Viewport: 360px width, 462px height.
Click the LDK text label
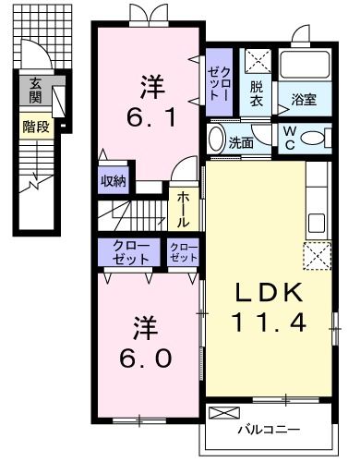click(268, 295)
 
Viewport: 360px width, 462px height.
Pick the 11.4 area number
click(269, 323)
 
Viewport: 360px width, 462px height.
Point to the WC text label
click(289, 136)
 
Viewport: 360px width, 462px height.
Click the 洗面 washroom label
click(242, 142)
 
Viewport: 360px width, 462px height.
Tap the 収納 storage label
click(114, 180)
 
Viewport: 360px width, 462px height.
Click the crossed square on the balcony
click(224, 412)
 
